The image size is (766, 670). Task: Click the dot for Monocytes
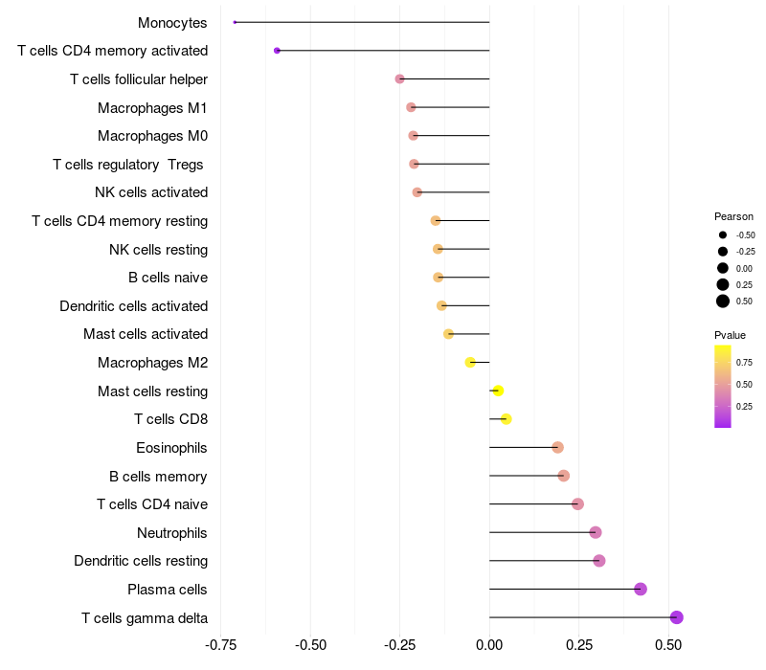[235, 22]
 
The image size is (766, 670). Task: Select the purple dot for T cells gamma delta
[676, 617]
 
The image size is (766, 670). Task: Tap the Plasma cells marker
[641, 589]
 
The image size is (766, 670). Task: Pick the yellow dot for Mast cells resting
[498, 391]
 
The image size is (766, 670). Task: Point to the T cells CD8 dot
[507, 419]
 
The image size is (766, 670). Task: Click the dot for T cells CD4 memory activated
[277, 51]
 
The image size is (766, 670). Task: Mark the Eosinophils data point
[557, 447]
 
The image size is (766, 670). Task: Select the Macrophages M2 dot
[470, 362]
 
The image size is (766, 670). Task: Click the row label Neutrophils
[172, 532]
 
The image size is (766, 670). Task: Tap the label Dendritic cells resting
[141, 560]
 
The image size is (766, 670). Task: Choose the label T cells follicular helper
[139, 78]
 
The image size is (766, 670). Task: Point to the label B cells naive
[168, 278]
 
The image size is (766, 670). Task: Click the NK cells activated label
[151, 192]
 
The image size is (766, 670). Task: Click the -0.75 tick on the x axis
[222, 645]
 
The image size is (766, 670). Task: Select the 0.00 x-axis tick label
[489, 645]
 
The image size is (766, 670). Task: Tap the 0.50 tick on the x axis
[668, 645]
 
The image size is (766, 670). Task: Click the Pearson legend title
[733, 216]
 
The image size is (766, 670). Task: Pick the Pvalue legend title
[730, 335]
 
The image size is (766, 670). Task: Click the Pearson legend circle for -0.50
[723, 234]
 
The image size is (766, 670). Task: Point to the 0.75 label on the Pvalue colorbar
[744, 362]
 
